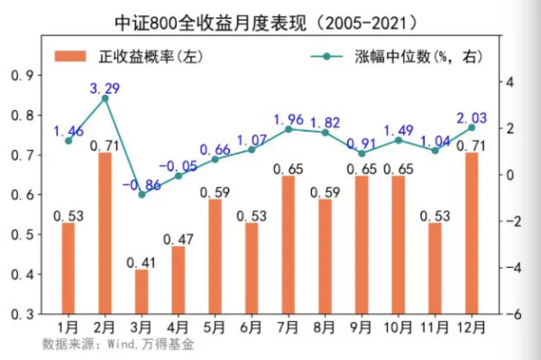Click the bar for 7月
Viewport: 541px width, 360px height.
(289, 245)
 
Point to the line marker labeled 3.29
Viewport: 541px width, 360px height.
(105, 98)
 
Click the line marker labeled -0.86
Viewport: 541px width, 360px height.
(142, 194)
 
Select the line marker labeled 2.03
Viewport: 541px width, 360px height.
(472, 127)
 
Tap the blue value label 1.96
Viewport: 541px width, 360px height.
(289, 118)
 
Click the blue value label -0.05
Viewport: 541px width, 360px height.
(178, 166)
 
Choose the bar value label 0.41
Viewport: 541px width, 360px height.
(142, 263)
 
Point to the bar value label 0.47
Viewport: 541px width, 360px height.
(178, 239)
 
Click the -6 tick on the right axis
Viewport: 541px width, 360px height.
(509, 314)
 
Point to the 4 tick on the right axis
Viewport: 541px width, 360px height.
(509, 82)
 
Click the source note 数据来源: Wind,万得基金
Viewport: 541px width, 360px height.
(118, 344)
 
